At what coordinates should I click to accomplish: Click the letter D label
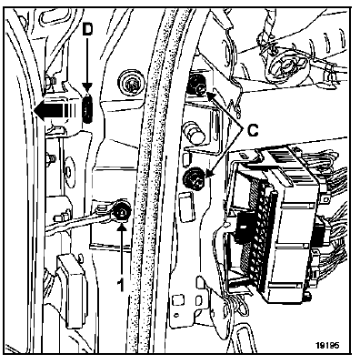pyautogui.click(x=87, y=29)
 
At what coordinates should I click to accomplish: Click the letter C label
pyautogui.click(x=253, y=131)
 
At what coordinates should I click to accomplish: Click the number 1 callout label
pyautogui.click(x=121, y=285)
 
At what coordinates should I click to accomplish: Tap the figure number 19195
pyautogui.click(x=327, y=345)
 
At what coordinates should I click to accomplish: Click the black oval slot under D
pyautogui.click(x=87, y=108)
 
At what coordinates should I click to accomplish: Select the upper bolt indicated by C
pyautogui.click(x=196, y=86)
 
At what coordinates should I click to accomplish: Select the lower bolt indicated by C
pyautogui.click(x=193, y=179)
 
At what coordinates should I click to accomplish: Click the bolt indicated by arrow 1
pyautogui.click(x=122, y=211)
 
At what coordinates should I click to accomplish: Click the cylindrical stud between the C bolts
pyautogui.click(x=195, y=132)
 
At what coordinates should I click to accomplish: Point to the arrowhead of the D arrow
pyautogui.click(x=87, y=90)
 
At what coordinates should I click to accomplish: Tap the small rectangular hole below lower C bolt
pyautogui.click(x=185, y=203)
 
